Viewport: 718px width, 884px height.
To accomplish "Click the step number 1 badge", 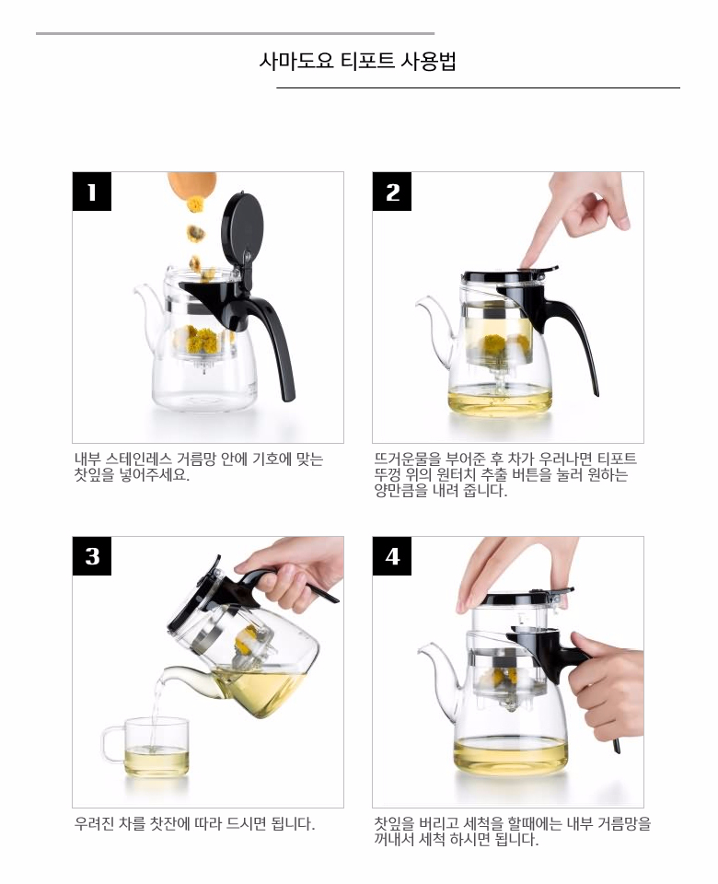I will click(x=91, y=192).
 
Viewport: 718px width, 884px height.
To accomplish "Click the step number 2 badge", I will click(x=392, y=192).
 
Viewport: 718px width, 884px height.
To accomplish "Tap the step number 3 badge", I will click(x=91, y=556).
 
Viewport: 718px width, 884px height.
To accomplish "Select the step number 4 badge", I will click(x=392, y=556).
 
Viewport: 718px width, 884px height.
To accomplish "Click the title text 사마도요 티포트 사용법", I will click(x=358, y=62).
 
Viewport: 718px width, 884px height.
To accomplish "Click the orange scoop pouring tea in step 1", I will click(x=191, y=183).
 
